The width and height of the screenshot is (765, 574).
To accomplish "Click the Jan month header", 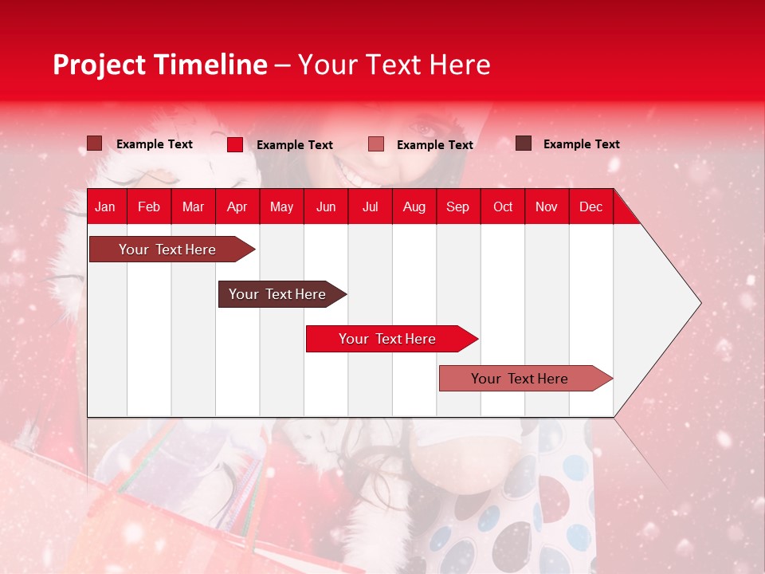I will [105, 207].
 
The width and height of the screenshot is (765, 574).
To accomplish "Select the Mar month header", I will [193, 207].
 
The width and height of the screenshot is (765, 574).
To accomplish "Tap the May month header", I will [281, 207].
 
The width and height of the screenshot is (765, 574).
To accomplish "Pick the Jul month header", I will [370, 207].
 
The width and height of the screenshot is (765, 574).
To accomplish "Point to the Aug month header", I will [414, 207].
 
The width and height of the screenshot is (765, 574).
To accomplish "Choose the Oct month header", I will [503, 207].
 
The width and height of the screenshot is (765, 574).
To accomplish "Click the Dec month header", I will [590, 207].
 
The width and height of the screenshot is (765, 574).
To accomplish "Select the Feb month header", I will [149, 207].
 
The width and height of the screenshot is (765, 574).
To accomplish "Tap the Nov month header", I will [547, 207].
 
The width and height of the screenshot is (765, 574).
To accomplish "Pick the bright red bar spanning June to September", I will [388, 339].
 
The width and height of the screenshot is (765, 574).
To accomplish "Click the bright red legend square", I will [235, 144].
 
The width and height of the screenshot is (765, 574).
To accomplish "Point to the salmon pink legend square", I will [376, 144].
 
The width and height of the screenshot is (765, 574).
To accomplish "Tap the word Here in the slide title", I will [460, 65].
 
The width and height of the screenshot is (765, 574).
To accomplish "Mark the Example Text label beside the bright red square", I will [295, 145].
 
